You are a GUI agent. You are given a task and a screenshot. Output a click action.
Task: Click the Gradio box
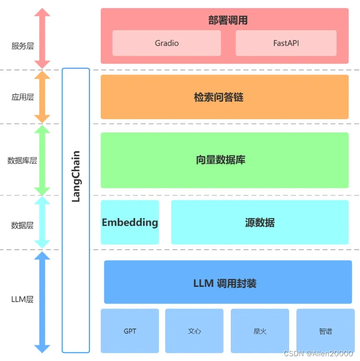pyautogui.click(x=167, y=43)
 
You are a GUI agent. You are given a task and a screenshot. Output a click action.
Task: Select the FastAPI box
pyautogui.click(x=286, y=43)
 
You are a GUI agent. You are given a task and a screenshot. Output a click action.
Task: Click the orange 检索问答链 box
pyautogui.click(x=224, y=97)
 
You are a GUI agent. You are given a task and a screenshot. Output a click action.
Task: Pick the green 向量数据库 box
pyautogui.click(x=224, y=160)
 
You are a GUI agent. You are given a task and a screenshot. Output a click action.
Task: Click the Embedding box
pyautogui.click(x=130, y=222)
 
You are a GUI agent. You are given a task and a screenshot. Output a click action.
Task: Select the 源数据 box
pyautogui.click(x=259, y=222)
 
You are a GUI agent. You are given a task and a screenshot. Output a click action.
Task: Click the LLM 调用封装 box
pyautogui.click(x=227, y=283)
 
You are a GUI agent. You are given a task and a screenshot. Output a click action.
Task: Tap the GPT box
pyautogui.click(x=130, y=331)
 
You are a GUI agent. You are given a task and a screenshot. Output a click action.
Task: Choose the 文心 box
pyautogui.click(x=194, y=331)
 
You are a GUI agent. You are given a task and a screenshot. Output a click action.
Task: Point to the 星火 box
pyautogui.click(x=260, y=331)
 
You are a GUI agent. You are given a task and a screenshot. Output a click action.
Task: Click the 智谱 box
pyautogui.click(x=326, y=331)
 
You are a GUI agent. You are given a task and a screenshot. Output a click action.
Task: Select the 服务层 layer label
pyautogui.click(x=22, y=46)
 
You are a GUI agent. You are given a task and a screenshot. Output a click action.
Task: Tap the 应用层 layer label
pyautogui.click(x=22, y=97)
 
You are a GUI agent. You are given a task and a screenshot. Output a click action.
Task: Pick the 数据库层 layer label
pyautogui.click(x=22, y=161)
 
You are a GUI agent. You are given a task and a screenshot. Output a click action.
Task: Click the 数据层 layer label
pyautogui.click(x=22, y=225)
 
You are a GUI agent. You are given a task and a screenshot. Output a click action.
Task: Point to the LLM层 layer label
pyautogui.click(x=22, y=300)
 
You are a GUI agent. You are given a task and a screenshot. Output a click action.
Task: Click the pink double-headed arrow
pyautogui.click(x=43, y=38)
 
